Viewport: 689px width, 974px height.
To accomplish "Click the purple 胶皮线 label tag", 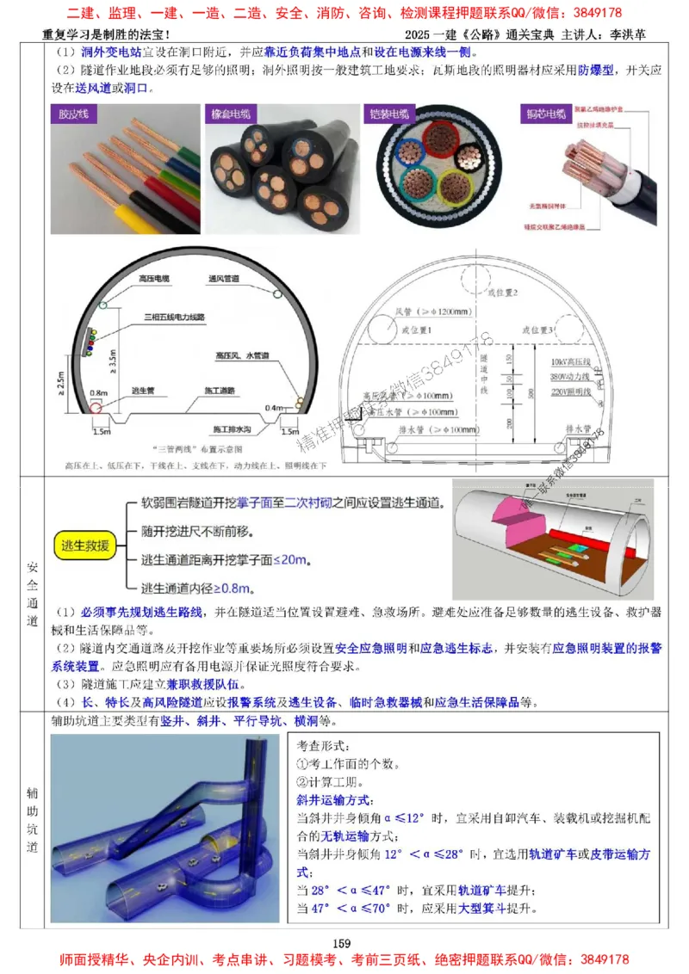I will click(76, 114).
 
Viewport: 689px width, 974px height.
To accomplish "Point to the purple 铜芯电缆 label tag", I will click(544, 114).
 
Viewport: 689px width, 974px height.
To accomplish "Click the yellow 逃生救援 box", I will click(84, 545).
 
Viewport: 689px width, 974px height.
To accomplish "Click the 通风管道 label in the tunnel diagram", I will click(222, 279).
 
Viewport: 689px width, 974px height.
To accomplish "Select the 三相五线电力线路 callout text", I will click(176, 316).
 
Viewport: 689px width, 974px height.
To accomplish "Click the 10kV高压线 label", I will click(568, 363).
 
